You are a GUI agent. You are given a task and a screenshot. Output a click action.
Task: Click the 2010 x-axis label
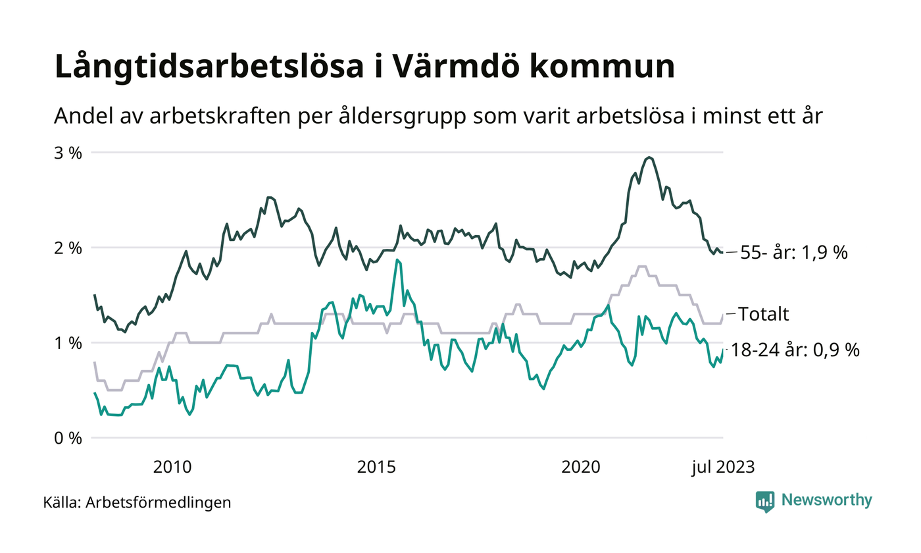pyautogui.click(x=172, y=467)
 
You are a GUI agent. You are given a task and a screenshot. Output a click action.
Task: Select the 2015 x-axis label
pyautogui.click(x=376, y=467)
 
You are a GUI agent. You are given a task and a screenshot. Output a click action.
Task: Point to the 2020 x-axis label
pyautogui.click(x=581, y=467)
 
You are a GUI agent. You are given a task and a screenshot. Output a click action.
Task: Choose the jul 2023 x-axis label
pyautogui.click(x=722, y=467)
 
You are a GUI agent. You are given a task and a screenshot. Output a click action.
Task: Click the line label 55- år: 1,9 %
pyautogui.click(x=793, y=253)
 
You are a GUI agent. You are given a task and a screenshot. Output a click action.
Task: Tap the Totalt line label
pyautogui.click(x=763, y=314)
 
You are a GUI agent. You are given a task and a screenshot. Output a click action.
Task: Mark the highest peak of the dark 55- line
pyautogui.click(x=649, y=157)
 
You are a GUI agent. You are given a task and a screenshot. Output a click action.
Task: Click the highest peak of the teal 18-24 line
pyautogui.click(x=397, y=260)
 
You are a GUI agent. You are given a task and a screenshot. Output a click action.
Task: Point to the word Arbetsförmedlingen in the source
pyautogui.click(x=159, y=503)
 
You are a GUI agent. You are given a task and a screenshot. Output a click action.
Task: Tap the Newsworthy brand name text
pyautogui.click(x=826, y=500)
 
